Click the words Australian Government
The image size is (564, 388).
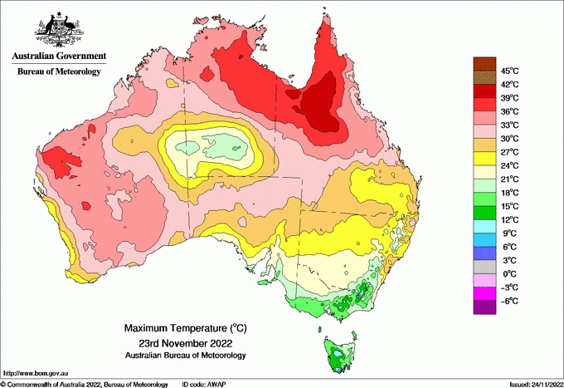coord(56,56)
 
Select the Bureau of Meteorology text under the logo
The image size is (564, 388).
coord(59,71)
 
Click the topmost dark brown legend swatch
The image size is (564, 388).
coord(484,63)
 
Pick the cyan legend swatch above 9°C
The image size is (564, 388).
coord(484,226)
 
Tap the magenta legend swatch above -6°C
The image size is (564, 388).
coord(484,293)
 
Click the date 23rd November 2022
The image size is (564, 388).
coord(185,343)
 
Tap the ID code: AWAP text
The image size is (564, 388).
coord(205,384)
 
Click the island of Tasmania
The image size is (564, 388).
coord(338,352)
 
